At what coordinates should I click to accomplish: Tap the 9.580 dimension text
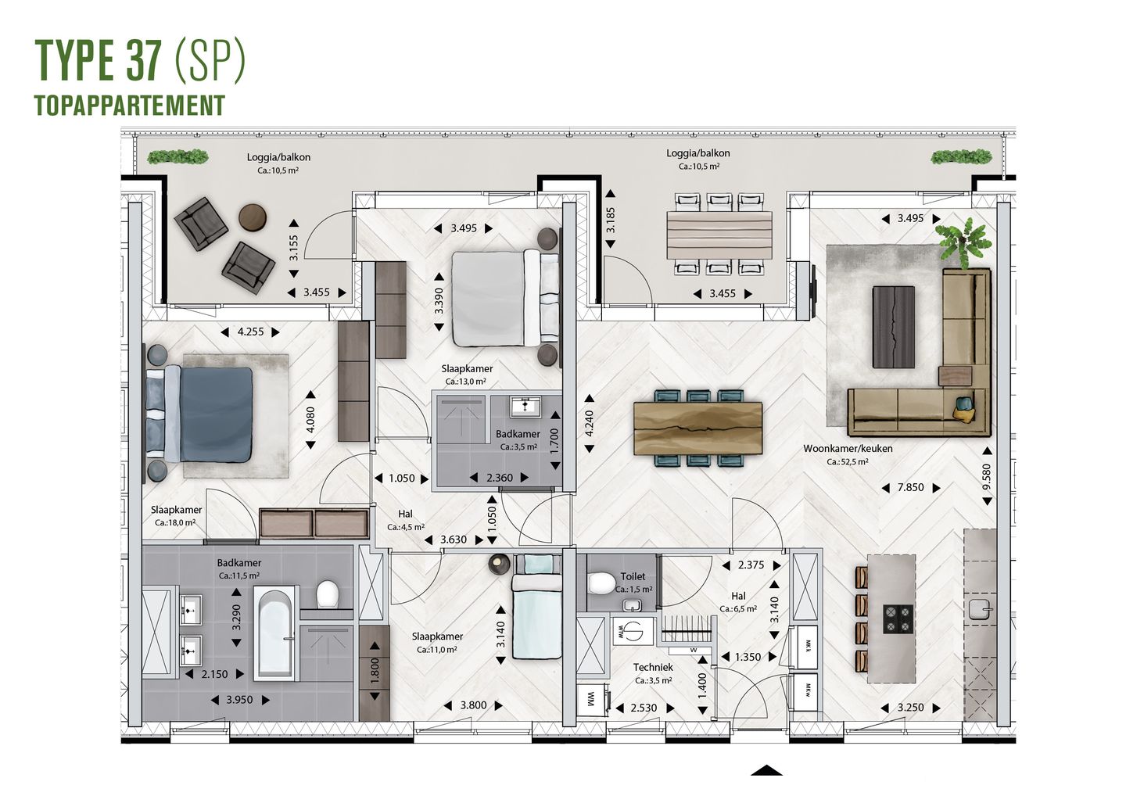pos(986,477)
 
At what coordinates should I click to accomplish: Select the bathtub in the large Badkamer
pos(276,633)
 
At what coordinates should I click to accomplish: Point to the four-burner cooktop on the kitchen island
pos(898,619)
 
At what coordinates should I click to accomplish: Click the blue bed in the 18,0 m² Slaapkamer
pos(207,414)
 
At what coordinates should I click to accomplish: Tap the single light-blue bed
pos(537,605)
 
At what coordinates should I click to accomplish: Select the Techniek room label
pos(653,667)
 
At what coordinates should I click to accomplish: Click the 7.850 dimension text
pos(910,487)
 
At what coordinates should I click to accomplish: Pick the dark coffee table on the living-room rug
pos(893,326)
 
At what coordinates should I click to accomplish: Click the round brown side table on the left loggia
pos(253,217)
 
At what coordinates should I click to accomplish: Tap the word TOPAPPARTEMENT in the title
pos(130,105)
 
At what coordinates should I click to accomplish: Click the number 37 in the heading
pos(142,60)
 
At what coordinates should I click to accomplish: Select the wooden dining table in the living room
pos(697,428)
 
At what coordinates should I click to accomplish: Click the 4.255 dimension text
pos(250,332)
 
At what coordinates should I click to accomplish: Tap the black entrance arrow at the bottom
pos(766,769)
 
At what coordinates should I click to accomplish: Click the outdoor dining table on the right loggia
pos(719,235)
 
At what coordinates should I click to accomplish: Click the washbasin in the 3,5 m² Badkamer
pos(525,406)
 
